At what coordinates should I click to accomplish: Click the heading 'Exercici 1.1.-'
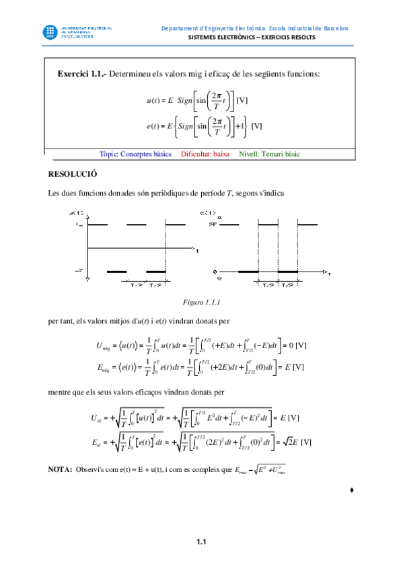pyautogui.click(x=82, y=73)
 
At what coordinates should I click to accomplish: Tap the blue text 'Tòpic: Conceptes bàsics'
pyautogui.click(x=135, y=154)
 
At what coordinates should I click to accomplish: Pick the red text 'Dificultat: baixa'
pyautogui.click(x=205, y=154)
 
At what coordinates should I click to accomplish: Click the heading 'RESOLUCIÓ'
pyautogui.click(x=73, y=173)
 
